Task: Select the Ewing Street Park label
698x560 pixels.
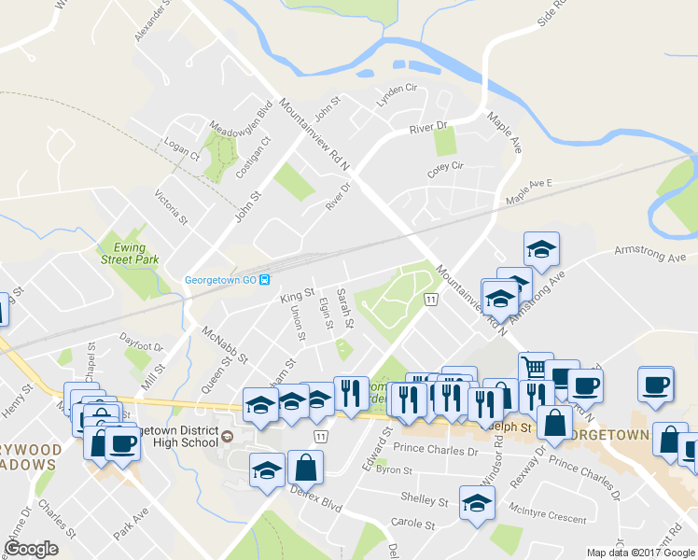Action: (x=131, y=253)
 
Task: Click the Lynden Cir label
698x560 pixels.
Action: (x=396, y=92)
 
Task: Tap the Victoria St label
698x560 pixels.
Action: (x=172, y=208)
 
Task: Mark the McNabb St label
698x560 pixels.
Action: (x=225, y=343)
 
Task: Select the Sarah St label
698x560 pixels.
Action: (x=344, y=309)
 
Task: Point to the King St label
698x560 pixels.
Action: (x=297, y=295)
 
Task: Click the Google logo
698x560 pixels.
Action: (x=31, y=548)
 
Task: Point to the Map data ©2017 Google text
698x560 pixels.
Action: (x=640, y=553)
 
